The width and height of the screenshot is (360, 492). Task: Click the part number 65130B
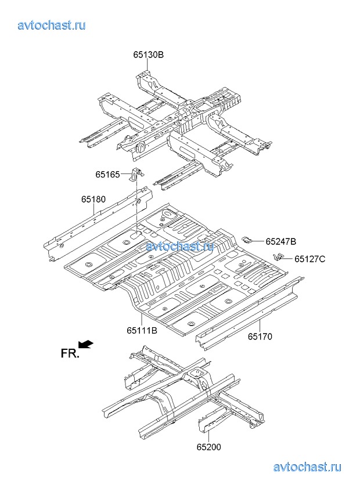(148, 55)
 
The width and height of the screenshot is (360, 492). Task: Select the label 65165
(108, 174)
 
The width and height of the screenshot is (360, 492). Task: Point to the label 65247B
(281, 241)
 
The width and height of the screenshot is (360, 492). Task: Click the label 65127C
(309, 259)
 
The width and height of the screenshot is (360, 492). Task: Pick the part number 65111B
(142, 331)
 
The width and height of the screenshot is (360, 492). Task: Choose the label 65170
(260, 336)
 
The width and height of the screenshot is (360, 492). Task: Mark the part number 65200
(208, 447)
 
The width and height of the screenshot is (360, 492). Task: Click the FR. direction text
(70, 353)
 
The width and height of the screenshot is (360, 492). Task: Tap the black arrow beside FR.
(86, 345)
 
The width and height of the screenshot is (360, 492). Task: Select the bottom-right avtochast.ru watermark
(307, 467)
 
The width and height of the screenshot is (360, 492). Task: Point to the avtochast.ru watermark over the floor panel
(180, 246)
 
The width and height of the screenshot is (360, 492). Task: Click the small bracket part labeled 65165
(136, 174)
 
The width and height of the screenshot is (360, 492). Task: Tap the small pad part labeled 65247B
(246, 239)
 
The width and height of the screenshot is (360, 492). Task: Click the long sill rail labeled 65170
(250, 310)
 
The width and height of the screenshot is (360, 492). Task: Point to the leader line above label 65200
(208, 434)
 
